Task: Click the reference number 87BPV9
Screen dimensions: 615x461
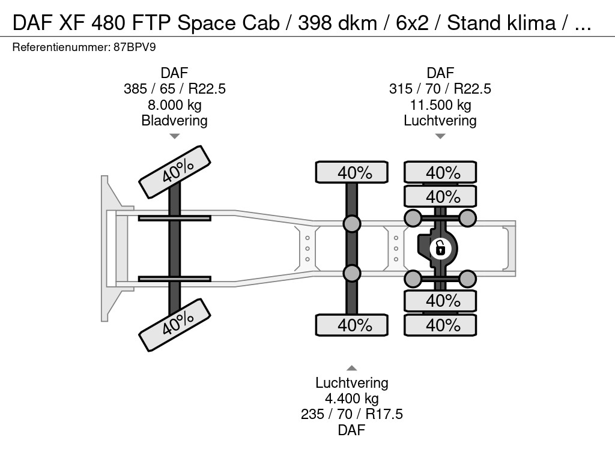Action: pyautogui.click(x=135, y=47)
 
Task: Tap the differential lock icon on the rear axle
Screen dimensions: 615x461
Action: pyautogui.click(x=440, y=249)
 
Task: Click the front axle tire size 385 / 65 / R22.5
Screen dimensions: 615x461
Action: pyautogui.click(x=175, y=89)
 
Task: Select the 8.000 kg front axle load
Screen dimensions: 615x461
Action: pyautogui.click(x=175, y=105)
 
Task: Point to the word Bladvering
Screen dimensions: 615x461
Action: pyautogui.click(x=175, y=121)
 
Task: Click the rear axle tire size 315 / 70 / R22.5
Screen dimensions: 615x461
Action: pyautogui.click(x=440, y=89)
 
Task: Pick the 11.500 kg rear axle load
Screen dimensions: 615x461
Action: pyautogui.click(x=440, y=105)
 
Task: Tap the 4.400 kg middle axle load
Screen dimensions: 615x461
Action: pyautogui.click(x=352, y=399)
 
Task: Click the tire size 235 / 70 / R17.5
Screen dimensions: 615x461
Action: pyautogui.click(x=352, y=414)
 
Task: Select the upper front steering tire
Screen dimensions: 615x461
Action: pyautogui.click(x=175, y=172)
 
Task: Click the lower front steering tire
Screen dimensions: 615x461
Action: pyautogui.click(x=175, y=325)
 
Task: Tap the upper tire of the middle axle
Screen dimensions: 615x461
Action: pyautogui.click(x=352, y=172)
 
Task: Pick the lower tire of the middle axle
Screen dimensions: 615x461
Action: pyautogui.click(x=352, y=325)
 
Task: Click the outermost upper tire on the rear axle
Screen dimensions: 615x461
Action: pyautogui.click(x=440, y=172)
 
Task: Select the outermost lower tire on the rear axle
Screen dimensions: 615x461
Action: pyautogui.click(x=440, y=325)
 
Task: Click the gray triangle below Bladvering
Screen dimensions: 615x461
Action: pyautogui.click(x=175, y=136)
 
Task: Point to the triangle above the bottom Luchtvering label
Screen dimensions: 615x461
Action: pyautogui.click(x=352, y=368)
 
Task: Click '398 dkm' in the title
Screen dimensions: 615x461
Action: pyautogui.click(x=338, y=23)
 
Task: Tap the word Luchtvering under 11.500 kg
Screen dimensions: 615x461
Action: pyautogui.click(x=440, y=121)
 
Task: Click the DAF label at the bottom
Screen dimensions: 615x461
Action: pyautogui.click(x=352, y=430)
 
